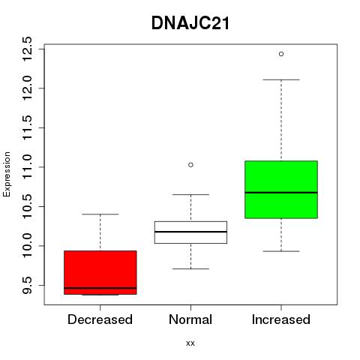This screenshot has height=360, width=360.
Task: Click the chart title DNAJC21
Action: click(x=190, y=23)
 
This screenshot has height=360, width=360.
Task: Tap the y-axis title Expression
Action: click(x=7, y=174)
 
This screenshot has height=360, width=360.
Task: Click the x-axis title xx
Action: click(x=190, y=343)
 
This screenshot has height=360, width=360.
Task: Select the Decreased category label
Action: click(x=100, y=319)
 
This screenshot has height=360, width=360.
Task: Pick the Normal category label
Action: click(x=190, y=319)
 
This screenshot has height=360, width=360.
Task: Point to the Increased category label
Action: click(x=281, y=319)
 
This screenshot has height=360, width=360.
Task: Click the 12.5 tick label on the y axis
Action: click(x=27, y=49)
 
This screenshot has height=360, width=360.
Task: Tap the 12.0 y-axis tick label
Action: click(x=27, y=88)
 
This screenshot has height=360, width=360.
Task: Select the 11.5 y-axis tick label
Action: click(x=27, y=127)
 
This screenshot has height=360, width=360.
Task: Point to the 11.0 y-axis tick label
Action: click(x=27, y=167)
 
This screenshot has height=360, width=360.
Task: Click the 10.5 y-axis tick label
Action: click(x=27, y=206)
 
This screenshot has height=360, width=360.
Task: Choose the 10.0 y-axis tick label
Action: click(x=27, y=246)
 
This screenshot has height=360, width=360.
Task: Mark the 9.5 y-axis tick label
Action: click(x=27, y=285)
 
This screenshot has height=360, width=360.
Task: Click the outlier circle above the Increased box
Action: click(x=281, y=54)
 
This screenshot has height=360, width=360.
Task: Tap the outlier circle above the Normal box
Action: click(x=190, y=165)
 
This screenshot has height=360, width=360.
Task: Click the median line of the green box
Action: click(x=281, y=193)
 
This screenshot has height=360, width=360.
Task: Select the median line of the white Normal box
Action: click(x=190, y=232)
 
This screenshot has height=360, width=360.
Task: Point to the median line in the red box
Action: click(x=100, y=288)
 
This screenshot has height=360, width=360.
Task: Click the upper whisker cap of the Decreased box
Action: click(x=100, y=214)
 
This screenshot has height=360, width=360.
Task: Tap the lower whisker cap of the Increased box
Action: click(x=281, y=251)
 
